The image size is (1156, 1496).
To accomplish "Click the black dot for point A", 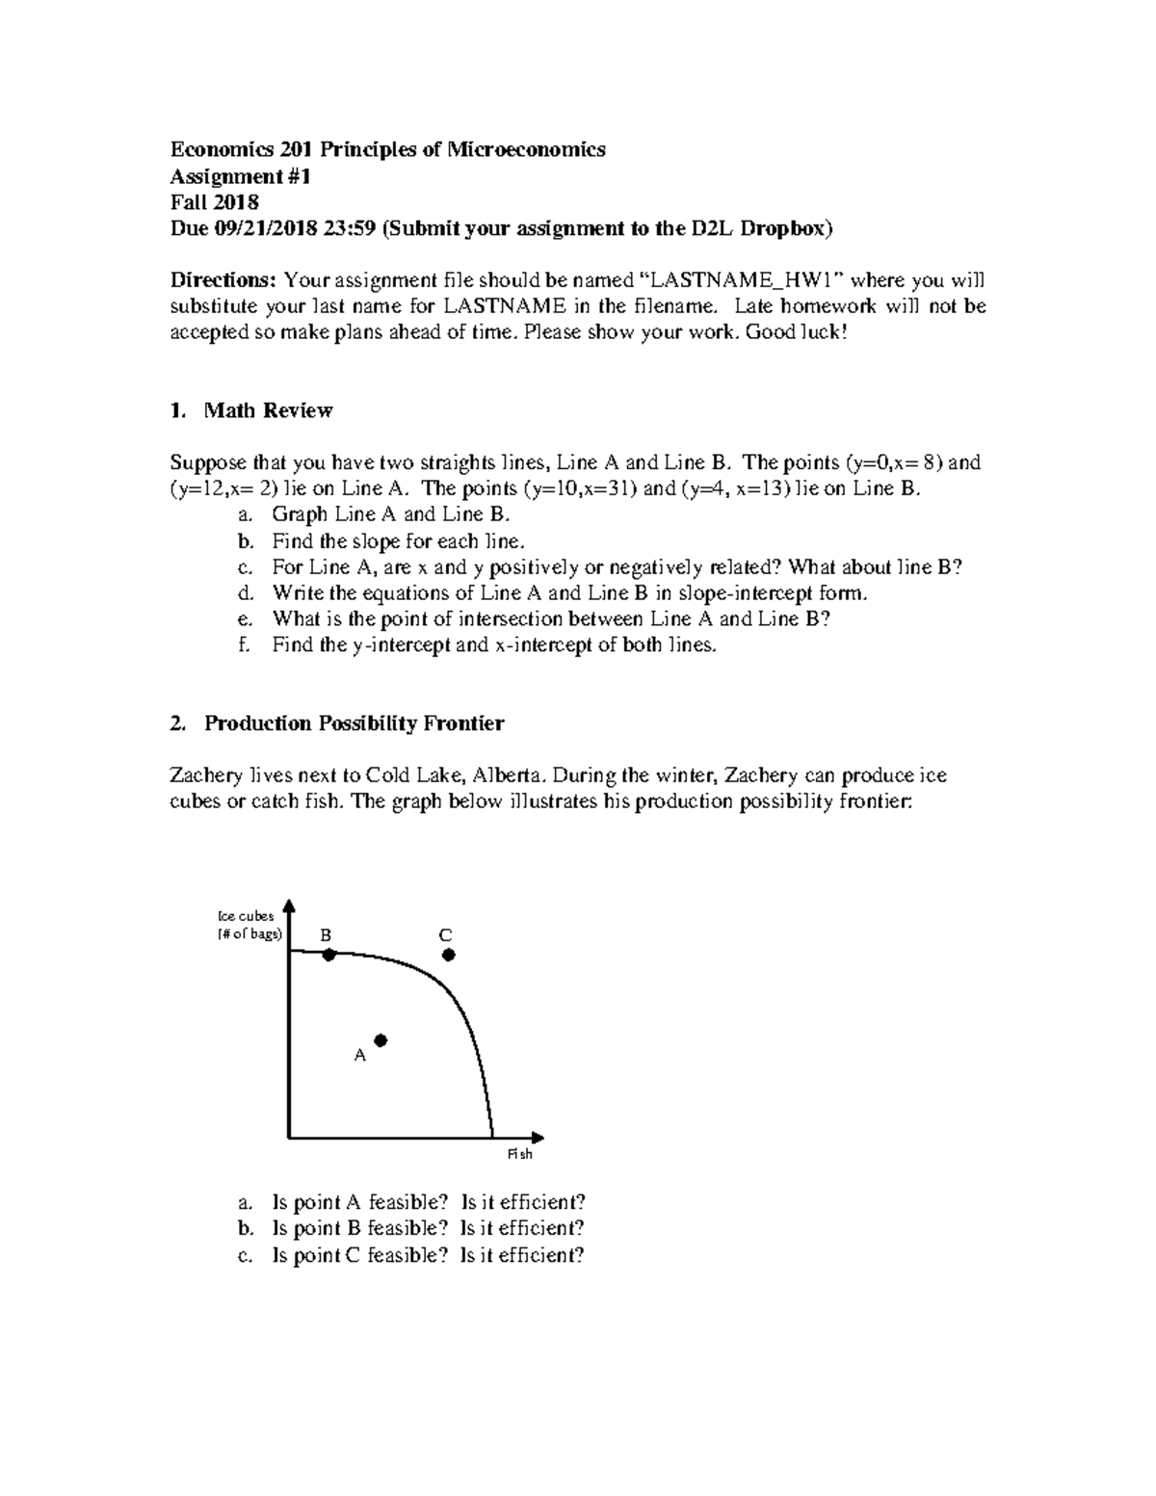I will [x=381, y=1040].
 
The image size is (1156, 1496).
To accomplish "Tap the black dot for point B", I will [x=328, y=955].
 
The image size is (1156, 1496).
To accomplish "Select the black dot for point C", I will [x=448, y=955].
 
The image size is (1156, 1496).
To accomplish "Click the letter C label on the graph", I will [x=445, y=935].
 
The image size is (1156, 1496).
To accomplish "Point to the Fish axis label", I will [x=519, y=1154].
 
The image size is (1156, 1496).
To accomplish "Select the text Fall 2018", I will [x=214, y=202].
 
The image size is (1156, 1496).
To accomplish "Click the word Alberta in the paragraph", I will [x=514, y=774].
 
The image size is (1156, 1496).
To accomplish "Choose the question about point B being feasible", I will [x=428, y=1228].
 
